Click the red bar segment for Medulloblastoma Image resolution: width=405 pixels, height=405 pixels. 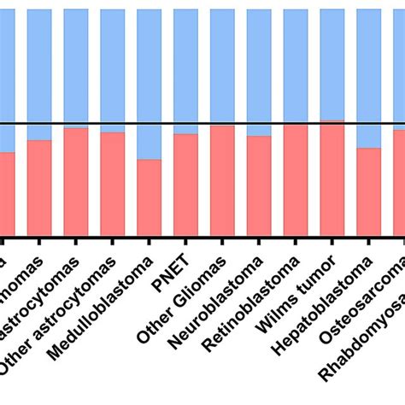point(149,197)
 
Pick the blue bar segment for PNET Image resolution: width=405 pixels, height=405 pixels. point(185,72)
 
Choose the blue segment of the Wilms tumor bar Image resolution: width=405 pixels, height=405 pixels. point(332,65)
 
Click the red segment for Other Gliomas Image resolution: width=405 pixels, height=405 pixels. point(222,180)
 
